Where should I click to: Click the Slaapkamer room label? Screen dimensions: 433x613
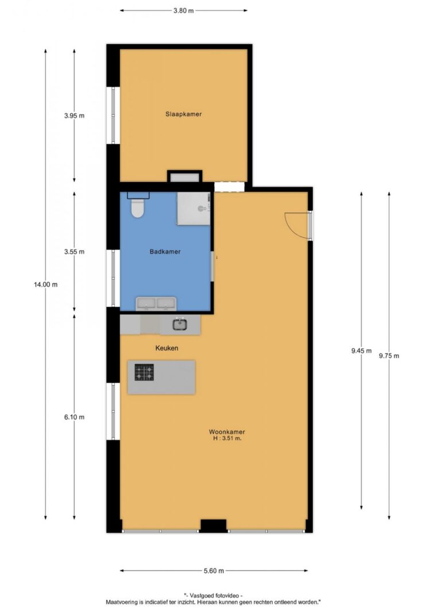coord(183,114)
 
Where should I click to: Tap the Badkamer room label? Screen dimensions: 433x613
coord(165,252)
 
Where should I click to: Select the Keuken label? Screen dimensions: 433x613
coord(167,348)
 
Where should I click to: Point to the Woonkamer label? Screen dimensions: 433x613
coord(227,432)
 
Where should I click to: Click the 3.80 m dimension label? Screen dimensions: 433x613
coord(184,10)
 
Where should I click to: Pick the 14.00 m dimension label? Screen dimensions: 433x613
coord(45,284)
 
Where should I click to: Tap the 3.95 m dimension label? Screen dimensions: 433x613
coord(74,115)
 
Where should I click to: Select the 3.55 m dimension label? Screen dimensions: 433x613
coord(74,252)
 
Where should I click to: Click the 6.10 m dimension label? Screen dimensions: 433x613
coord(74,417)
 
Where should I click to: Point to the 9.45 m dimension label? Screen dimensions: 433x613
coord(361,351)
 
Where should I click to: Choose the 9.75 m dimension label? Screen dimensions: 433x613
coord(389,356)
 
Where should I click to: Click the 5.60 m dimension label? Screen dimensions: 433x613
coord(214,571)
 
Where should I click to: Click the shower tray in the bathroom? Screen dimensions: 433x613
coord(194,209)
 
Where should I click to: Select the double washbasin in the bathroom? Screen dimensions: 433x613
coord(156,304)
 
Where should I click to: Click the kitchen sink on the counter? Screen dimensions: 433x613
coord(180,324)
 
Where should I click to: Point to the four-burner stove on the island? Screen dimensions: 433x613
coord(144,372)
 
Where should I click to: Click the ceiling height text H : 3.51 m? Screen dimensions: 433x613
coord(227,439)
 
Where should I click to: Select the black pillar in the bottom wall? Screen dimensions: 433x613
coord(214,526)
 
